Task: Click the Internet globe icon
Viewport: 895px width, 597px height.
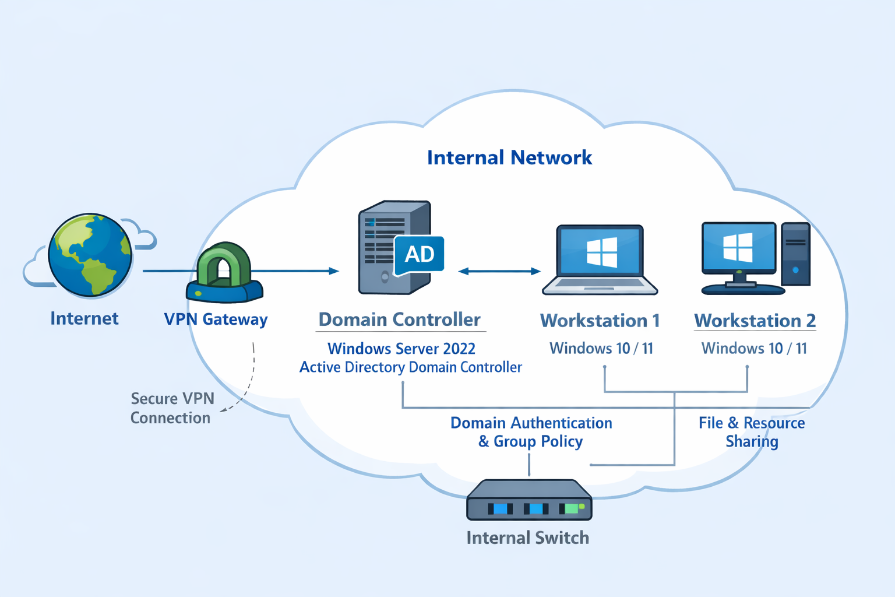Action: tap(90, 255)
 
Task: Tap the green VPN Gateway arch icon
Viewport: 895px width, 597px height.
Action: tap(224, 265)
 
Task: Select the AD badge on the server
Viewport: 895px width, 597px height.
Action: tap(420, 254)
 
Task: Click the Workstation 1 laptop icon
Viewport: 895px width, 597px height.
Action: tap(600, 260)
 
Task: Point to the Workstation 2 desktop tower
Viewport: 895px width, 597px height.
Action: tap(795, 254)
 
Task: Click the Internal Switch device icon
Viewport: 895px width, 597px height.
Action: tap(529, 501)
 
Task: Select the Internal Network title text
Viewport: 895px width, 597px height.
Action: tap(509, 157)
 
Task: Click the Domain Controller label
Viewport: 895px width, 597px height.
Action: tap(400, 319)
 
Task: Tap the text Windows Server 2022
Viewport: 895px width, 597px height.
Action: tap(401, 349)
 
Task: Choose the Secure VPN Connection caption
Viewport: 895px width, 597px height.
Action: tap(172, 408)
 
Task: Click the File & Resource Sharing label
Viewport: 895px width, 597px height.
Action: tap(752, 432)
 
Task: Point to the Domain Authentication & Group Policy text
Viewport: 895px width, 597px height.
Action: tap(531, 432)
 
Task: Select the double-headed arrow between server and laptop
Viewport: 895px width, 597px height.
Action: tap(499, 271)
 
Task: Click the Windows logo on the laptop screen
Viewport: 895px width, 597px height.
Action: tap(601, 252)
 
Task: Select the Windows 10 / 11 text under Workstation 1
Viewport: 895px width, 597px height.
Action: tap(601, 349)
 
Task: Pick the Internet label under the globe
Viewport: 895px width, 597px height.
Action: tap(84, 318)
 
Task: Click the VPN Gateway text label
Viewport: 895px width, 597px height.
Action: tap(216, 319)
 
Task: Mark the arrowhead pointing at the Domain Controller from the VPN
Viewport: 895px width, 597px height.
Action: tap(334, 271)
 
